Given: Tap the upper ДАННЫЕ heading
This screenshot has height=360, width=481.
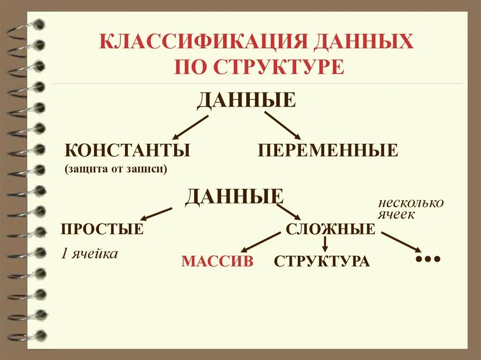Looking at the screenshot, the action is pos(246,100).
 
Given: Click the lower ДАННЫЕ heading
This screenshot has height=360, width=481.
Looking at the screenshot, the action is pos(234,197).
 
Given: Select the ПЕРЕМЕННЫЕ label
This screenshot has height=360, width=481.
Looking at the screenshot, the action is pos(327,151).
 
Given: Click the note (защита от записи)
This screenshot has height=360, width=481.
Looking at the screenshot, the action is pos(116,169).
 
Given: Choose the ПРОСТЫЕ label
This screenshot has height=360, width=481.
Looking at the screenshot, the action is pos(102,230).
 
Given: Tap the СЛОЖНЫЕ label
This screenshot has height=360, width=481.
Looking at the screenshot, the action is pos(330,230).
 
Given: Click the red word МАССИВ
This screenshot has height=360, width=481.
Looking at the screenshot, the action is pos(217,261).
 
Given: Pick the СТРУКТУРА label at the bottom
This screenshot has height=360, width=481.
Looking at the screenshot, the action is pos(322,261).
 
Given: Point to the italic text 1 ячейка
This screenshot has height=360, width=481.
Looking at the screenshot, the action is pos(89,254).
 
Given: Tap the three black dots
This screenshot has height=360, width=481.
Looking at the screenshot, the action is pos(427,259).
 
